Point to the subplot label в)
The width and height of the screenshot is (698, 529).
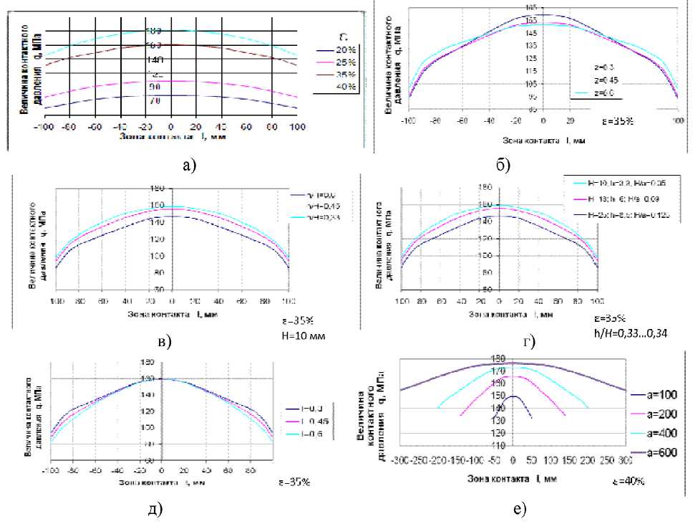[x=165, y=340]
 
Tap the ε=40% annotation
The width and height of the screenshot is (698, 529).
[x=629, y=480]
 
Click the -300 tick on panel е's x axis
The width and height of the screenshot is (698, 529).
[x=402, y=459]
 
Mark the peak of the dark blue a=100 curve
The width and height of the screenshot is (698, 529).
[x=513, y=396]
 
